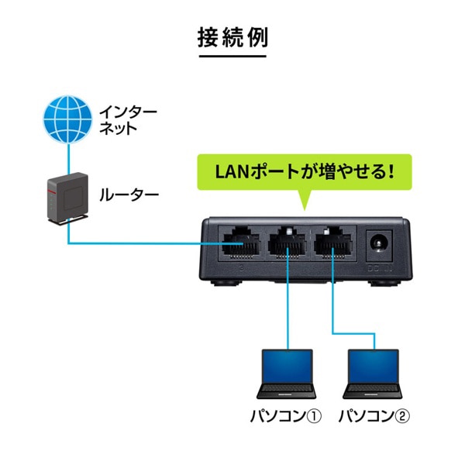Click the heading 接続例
tap(232, 36)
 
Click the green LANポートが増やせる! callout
tap(304, 170)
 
